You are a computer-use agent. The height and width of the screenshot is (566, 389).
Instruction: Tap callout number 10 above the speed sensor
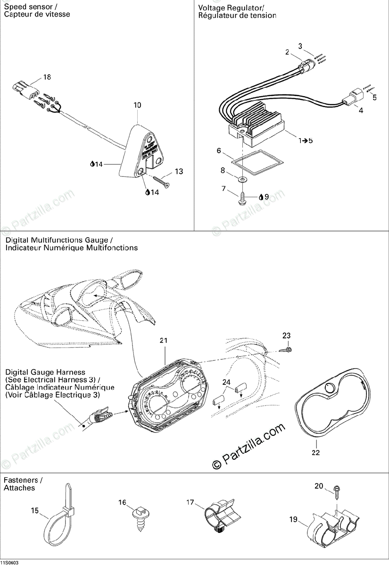click(x=137, y=105)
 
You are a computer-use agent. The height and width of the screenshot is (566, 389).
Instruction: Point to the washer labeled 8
click(x=241, y=180)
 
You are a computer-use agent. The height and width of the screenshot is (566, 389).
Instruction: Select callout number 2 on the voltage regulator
click(x=287, y=53)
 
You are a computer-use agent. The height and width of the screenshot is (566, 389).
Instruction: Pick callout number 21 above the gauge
click(x=164, y=341)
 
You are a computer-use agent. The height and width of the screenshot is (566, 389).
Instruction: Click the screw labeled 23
click(x=284, y=350)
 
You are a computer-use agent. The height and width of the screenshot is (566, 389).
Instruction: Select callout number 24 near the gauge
click(x=227, y=383)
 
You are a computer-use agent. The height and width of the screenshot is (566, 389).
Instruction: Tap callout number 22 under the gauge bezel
click(x=315, y=453)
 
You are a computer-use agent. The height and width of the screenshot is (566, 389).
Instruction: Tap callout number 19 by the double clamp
click(x=293, y=520)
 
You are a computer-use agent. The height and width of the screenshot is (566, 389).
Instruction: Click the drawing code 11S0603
click(x=10, y=562)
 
